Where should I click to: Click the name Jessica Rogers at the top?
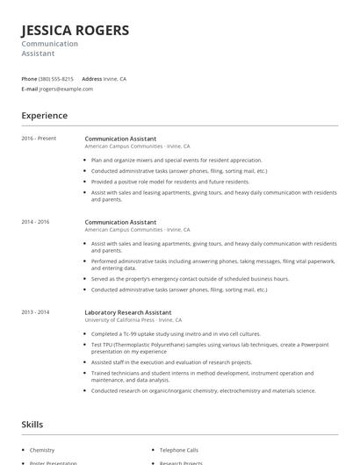[76, 31]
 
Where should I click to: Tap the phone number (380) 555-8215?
[56, 79]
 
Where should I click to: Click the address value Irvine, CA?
[115, 79]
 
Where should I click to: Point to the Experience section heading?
[44, 115]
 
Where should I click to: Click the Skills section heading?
[33, 425]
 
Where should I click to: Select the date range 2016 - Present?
[39, 139]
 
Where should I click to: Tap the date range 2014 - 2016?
[36, 222]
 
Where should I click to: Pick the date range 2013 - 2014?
[36, 312]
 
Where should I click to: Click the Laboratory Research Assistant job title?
[128, 312]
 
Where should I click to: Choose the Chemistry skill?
[42, 450]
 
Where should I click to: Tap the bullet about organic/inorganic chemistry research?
[203, 390]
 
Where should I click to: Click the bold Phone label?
[29, 79]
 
